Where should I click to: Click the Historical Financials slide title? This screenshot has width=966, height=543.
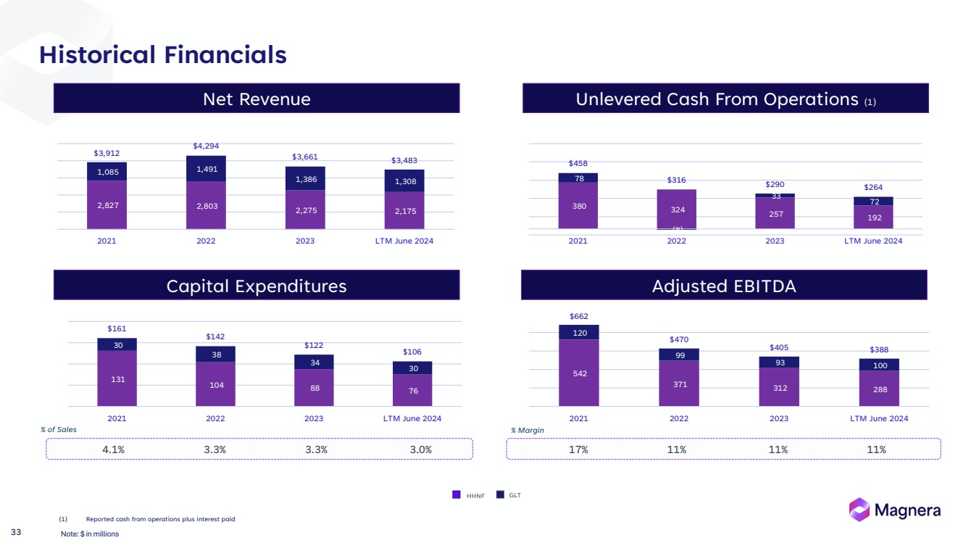click(x=163, y=55)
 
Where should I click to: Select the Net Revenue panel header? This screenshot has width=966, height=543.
click(x=257, y=99)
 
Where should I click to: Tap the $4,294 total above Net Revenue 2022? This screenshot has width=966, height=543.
click(x=206, y=146)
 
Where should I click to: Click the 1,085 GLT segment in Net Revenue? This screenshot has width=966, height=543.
click(x=107, y=172)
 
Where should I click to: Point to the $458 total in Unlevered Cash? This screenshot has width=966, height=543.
click(x=578, y=164)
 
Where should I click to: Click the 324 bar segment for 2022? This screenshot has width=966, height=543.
click(x=677, y=210)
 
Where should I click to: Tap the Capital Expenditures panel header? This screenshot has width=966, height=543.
click(x=257, y=286)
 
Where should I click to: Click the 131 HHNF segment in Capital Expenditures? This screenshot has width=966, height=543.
click(x=117, y=379)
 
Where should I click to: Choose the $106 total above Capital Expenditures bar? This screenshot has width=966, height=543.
click(x=412, y=352)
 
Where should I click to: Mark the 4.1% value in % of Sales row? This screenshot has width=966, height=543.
click(x=113, y=449)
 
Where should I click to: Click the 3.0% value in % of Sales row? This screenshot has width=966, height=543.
click(x=420, y=449)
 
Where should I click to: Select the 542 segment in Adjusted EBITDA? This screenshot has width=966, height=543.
click(x=578, y=373)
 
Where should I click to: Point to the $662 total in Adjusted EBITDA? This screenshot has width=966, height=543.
click(x=578, y=317)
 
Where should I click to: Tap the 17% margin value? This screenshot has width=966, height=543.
click(x=578, y=449)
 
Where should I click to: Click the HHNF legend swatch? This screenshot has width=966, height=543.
click(x=457, y=495)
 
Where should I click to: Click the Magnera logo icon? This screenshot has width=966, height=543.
click(x=859, y=510)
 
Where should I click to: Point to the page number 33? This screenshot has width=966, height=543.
click(x=16, y=533)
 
